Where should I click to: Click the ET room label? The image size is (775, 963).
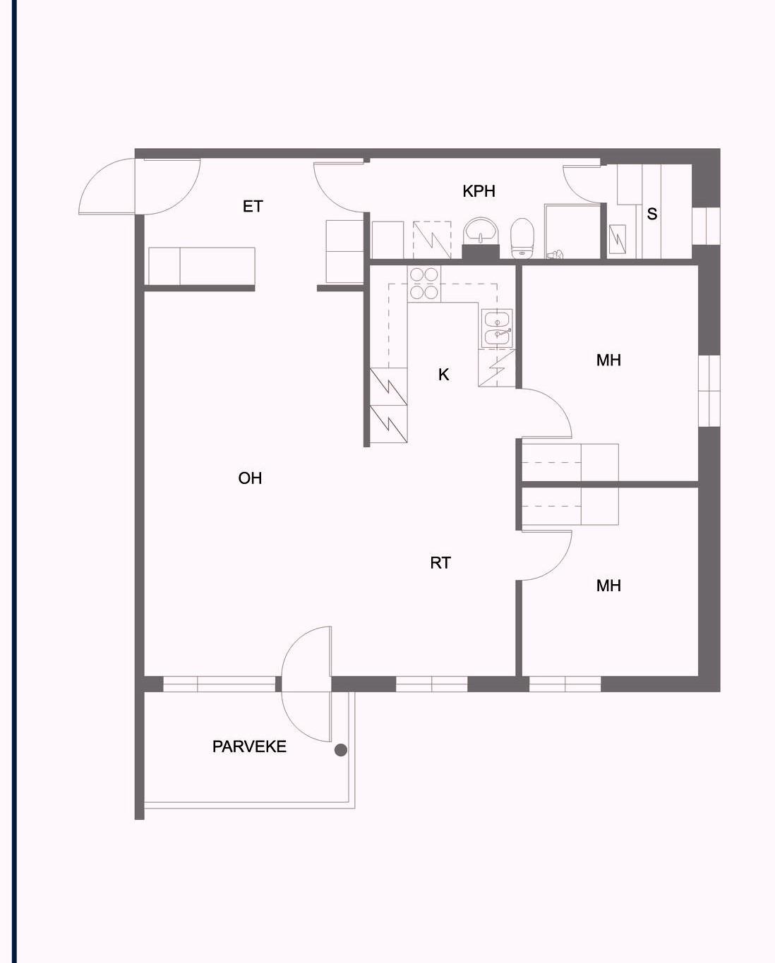click(253, 206)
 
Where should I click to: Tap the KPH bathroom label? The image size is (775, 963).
click(479, 191)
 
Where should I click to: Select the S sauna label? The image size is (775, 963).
click(652, 214)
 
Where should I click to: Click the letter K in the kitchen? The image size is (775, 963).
click(443, 375)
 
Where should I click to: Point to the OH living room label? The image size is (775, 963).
click(250, 478)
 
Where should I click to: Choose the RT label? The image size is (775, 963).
click(440, 563)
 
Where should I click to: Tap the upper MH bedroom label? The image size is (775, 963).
click(608, 361)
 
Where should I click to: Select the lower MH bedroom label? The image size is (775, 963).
click(608, 586)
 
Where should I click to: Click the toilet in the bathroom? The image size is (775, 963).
click(522, 238)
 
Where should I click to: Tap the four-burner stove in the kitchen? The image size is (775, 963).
click(423, 284)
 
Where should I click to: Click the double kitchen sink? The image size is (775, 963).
click(498, 329)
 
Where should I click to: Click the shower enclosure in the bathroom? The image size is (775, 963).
click(572, 231)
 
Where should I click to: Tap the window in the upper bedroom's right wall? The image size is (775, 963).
click(709, 391)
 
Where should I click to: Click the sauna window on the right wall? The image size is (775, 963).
click(706, 226)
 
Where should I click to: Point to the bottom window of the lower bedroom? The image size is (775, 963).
click(565, 684)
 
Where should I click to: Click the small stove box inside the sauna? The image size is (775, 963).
click(618, 240)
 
